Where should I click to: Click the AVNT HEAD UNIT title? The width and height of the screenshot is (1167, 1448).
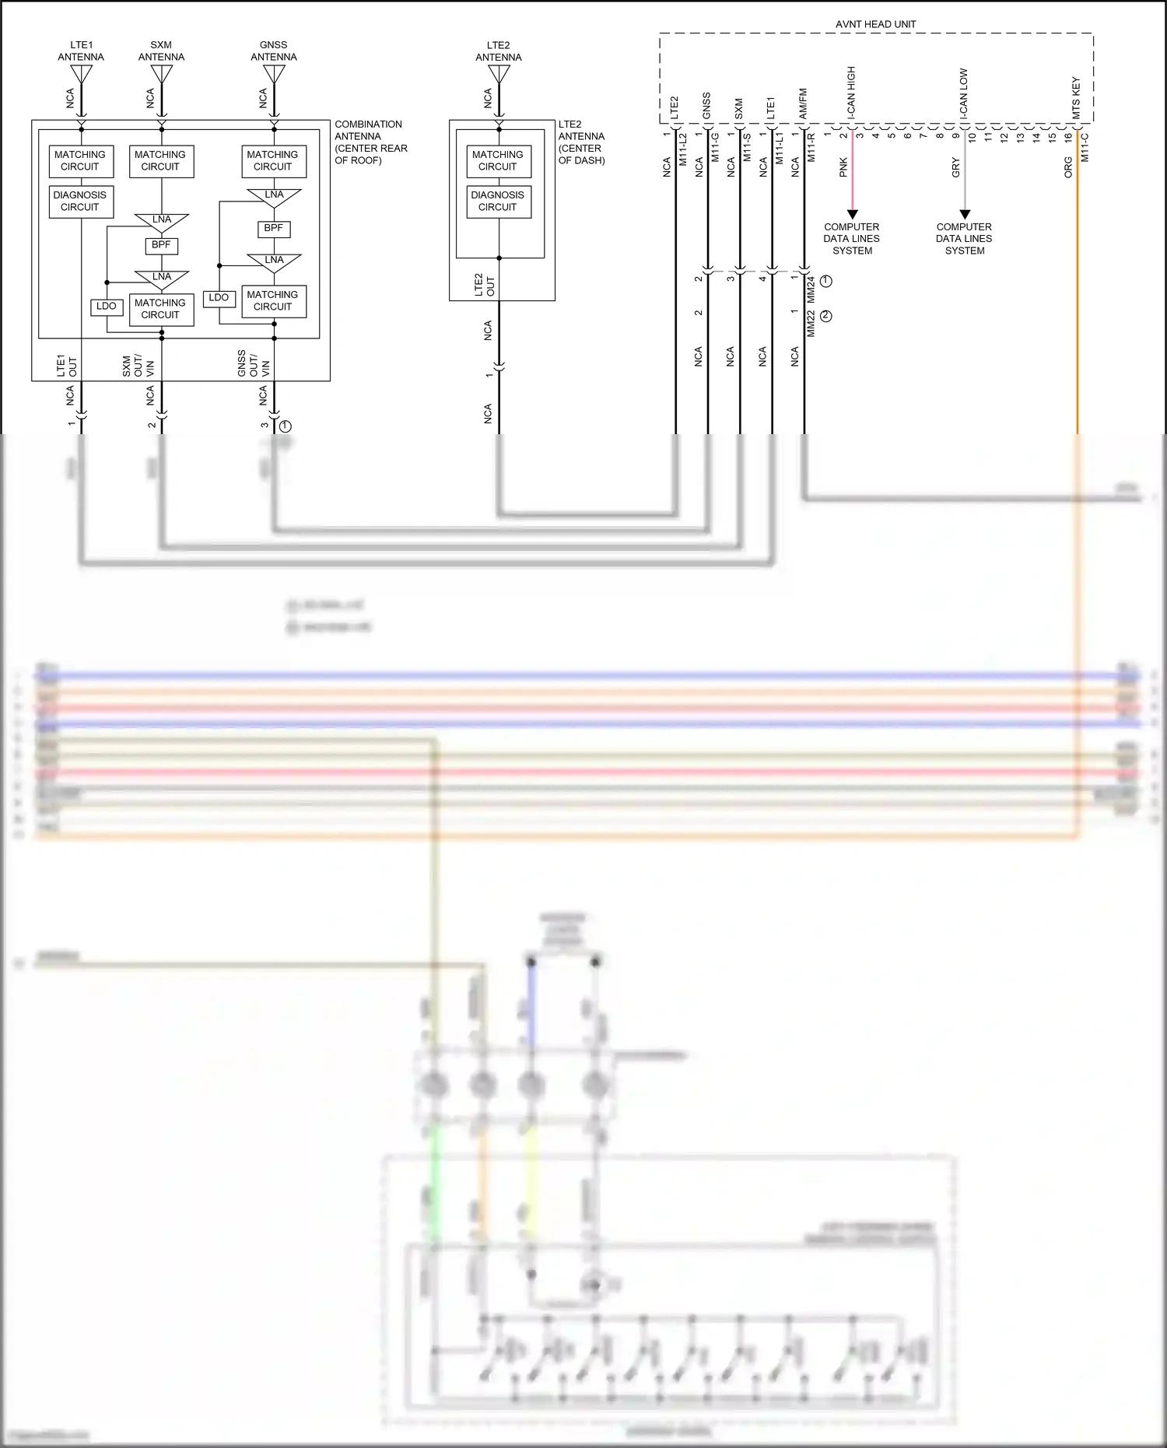click(875, 24)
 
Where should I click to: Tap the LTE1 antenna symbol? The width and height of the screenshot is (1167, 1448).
click(81, 74)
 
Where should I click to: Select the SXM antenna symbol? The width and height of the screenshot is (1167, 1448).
click(161, 74)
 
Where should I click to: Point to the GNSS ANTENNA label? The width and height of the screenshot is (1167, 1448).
click(273, 51)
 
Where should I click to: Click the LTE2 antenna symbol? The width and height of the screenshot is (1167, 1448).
click(499, 75)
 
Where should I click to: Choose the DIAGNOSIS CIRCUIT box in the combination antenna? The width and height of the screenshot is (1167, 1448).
click(80, 202)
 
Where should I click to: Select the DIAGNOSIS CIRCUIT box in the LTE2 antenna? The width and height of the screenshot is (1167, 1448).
click(498, 202)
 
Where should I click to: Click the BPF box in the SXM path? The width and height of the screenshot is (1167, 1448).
click(161, 245)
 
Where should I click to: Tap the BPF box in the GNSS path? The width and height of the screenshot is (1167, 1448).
click(273, 229)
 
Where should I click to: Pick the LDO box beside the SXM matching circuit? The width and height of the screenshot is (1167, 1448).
click(107, 307)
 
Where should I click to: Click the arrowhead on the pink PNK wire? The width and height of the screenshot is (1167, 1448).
click(852, 214)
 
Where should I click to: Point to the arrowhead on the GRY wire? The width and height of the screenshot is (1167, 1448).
click(965, 214)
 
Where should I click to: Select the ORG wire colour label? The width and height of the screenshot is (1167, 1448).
click(1068, 167)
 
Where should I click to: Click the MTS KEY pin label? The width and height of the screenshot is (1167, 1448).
click(1076, 97)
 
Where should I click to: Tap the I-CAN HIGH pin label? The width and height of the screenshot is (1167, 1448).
click(851, 92)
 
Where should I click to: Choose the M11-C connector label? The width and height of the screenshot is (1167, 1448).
click(1085, 147)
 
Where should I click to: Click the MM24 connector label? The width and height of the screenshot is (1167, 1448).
click(810, 289)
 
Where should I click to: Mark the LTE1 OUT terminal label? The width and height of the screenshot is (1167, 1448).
click(67, 366)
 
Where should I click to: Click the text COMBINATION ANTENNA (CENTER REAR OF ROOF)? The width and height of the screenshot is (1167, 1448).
click(370, 142)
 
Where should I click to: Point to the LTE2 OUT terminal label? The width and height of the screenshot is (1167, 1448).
click(484, 285)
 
